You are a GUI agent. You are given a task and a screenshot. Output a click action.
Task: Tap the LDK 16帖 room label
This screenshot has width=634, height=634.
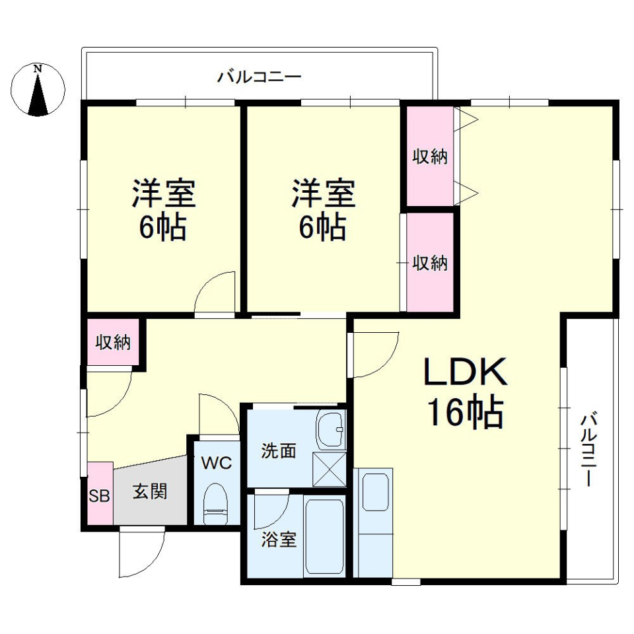465,394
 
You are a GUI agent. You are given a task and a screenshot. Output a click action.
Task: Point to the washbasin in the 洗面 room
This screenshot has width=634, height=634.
330,430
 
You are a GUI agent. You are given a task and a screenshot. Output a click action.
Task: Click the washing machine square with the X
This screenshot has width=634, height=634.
329,468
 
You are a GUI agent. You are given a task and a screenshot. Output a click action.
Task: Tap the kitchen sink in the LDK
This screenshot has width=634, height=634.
375,491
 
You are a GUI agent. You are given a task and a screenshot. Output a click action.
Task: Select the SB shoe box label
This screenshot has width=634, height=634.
100,495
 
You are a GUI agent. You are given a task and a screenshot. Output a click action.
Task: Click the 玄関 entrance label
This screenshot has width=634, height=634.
150,491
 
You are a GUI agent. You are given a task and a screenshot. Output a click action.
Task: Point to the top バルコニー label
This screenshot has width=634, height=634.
260,77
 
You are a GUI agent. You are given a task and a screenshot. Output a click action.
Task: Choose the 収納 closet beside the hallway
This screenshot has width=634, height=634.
114,342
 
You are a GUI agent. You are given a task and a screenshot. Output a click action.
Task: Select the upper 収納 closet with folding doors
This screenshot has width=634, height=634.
430,157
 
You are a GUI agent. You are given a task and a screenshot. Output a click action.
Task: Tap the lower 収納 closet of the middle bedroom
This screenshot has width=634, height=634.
430,263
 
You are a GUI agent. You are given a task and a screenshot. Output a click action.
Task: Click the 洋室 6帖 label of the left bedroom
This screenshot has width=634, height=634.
162,210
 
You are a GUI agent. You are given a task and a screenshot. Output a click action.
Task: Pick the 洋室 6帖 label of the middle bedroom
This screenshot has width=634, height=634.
324,210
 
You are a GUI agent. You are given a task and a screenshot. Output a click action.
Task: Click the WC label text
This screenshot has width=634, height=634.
217,463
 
